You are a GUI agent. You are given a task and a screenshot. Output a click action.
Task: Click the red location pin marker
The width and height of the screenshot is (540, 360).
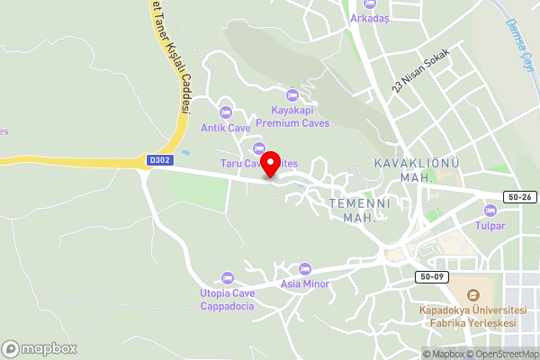(x=267, y=164)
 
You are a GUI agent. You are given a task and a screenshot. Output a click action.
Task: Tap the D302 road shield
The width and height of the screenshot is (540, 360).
(x=157, y=159)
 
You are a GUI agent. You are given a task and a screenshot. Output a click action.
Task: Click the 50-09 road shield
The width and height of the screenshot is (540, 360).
(x=431, y=275)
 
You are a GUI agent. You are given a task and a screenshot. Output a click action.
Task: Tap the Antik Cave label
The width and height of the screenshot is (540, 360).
(x=226, y=128)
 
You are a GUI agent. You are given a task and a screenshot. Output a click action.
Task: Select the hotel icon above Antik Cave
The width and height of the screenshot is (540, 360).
(x=226, y=112)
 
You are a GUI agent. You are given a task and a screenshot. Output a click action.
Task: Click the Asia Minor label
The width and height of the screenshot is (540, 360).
(x=304, y=284)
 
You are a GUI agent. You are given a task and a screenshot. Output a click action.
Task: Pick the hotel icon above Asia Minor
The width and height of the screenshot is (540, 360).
(x=304, y=269)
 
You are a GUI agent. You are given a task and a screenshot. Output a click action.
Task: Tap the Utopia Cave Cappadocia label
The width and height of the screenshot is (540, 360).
(x=227, y=300)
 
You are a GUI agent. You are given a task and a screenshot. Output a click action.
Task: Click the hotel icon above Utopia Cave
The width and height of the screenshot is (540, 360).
(x=227, y=277)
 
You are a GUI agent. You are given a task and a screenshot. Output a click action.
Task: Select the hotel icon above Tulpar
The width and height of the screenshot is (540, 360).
(x=490, y=210)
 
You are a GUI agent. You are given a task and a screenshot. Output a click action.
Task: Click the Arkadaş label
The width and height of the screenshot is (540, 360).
(x=370, y=18)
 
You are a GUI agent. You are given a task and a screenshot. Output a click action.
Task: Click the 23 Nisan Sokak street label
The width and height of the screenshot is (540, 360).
(x=418, y=73)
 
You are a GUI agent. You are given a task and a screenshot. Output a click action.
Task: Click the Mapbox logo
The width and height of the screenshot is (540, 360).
(x=40, y=348)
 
